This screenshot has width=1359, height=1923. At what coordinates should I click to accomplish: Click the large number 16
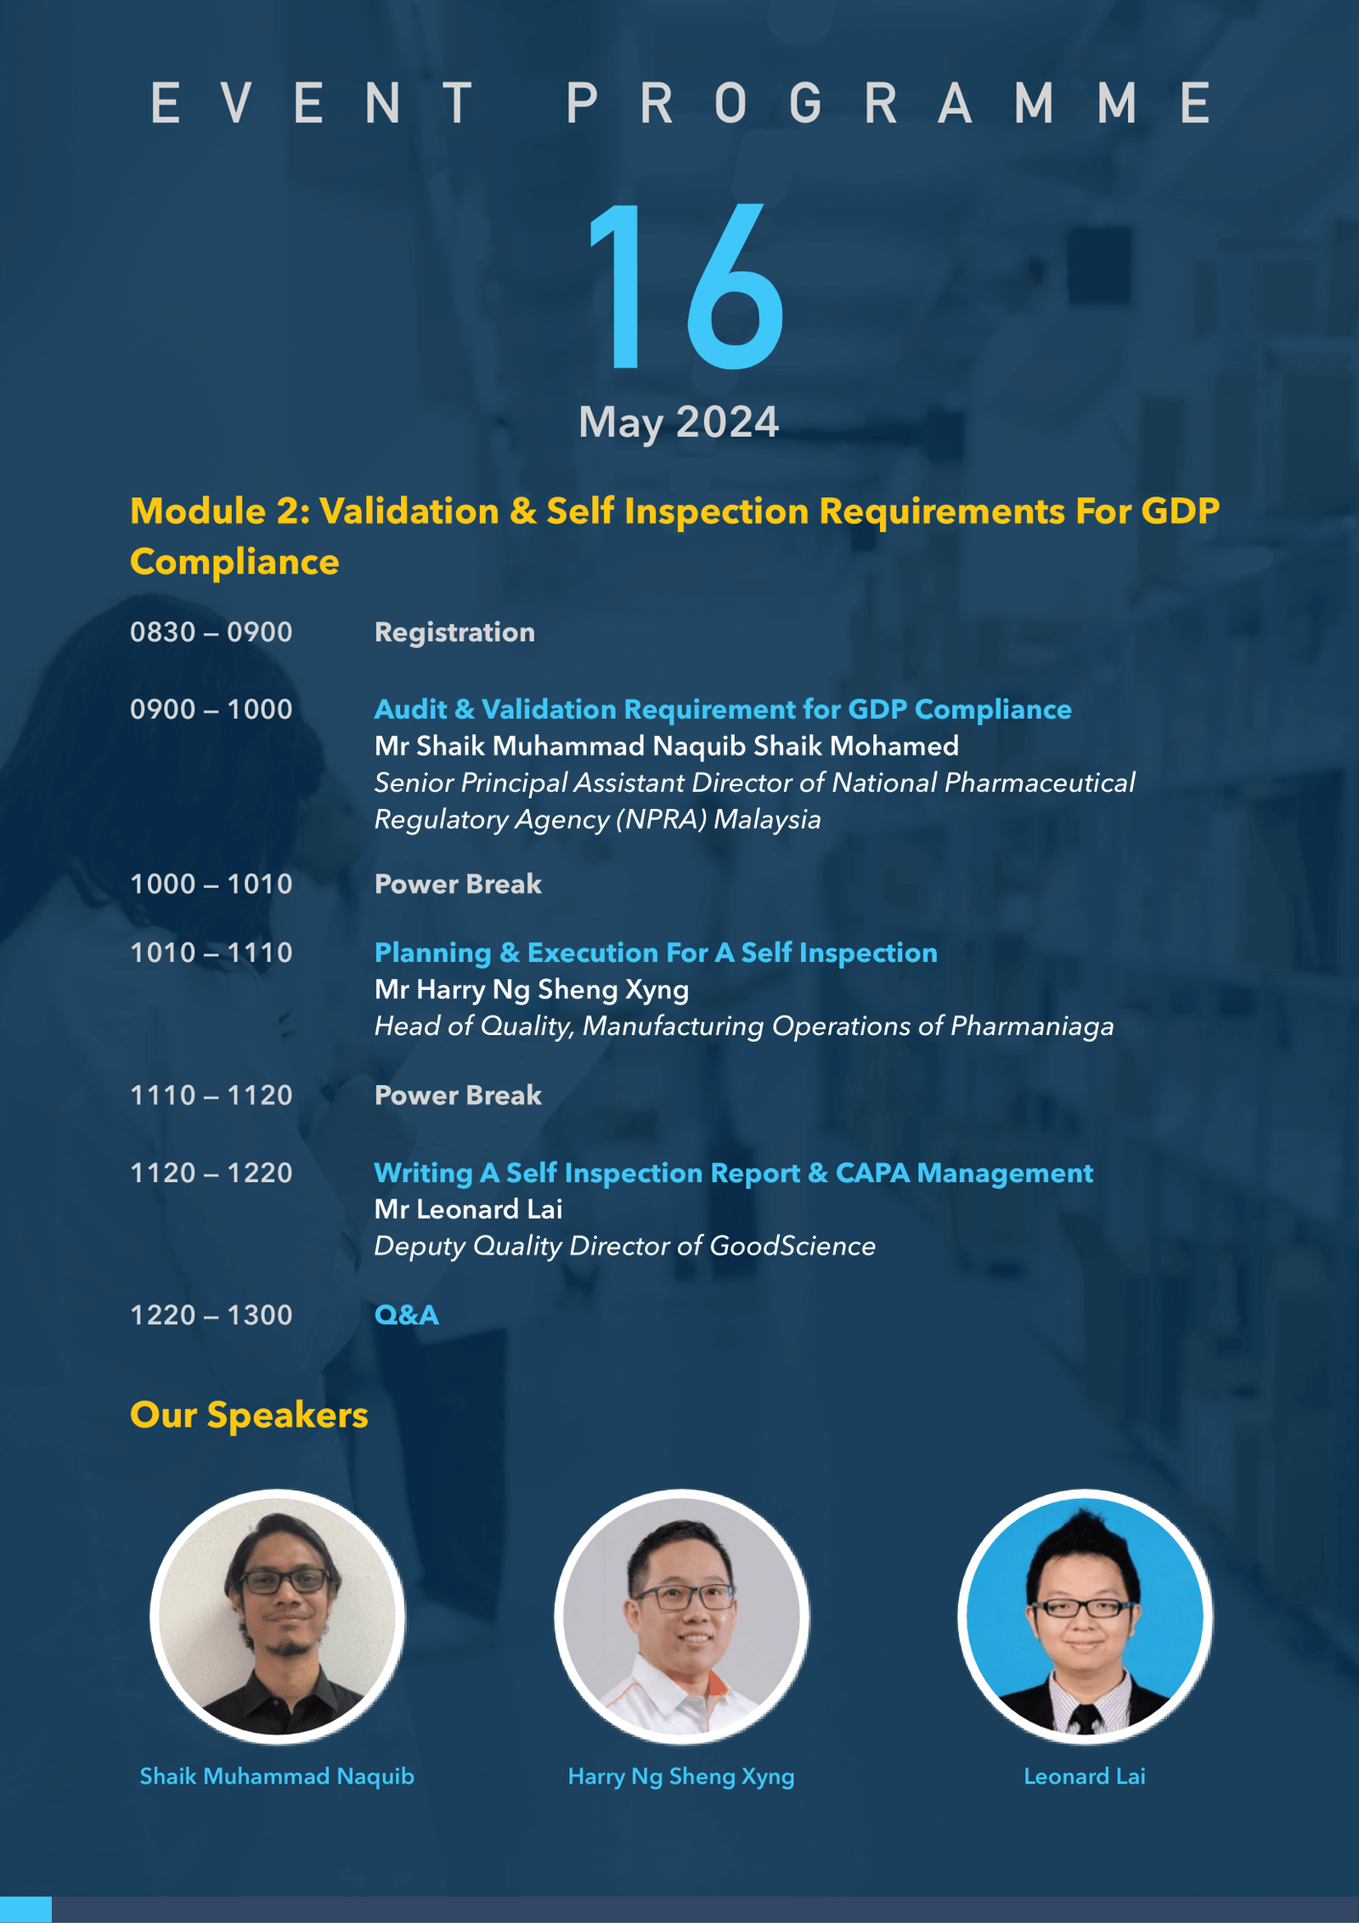[686, 286]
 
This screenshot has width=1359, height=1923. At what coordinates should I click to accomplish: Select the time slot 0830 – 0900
[211, 632]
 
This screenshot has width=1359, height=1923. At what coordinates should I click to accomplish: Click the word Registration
[454, 633]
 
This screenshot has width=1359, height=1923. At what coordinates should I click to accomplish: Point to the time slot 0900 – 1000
[211, 710]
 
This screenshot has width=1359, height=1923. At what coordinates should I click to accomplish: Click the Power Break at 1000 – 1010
[458, 885]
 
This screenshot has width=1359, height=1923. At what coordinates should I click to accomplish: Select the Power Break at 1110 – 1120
[458, 1095]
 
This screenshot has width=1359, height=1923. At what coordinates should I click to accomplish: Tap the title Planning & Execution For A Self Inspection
[656, 953]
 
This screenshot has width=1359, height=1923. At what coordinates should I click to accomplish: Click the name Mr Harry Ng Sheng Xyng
[532, 990]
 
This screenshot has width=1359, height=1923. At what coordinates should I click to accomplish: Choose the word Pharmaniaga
[1032, 1027]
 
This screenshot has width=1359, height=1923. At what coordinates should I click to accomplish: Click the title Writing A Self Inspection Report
[587, 1174]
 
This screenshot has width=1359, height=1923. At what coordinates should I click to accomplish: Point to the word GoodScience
[792, 1247]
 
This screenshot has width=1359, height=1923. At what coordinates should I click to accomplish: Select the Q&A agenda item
[407, 1315]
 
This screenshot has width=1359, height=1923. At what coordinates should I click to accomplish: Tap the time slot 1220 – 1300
[211, 1315]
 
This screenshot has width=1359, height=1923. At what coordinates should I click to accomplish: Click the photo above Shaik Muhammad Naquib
[278, 1616]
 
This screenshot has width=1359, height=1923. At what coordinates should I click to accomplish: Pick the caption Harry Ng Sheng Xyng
[681, 1777]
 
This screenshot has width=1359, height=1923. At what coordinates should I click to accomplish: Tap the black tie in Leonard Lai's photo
[1086, 1718]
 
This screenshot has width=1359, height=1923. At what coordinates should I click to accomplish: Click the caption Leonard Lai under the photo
[1085, 1776]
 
